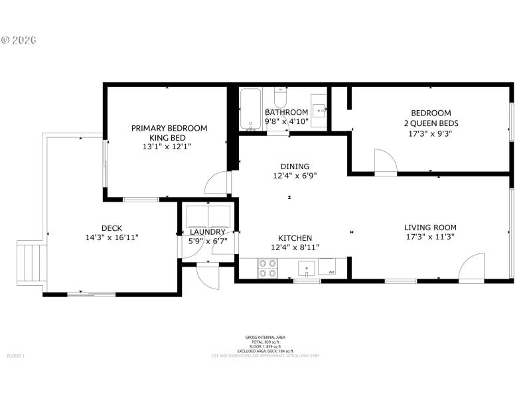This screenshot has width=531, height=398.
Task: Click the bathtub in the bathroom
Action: tap(250, 109)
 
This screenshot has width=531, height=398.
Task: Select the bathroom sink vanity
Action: tap(319, 110)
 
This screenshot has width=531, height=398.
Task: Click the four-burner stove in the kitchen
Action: tap(267, 268)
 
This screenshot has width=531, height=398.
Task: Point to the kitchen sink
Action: tap(306, 269)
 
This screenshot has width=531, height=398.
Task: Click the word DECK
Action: tap(112, 228)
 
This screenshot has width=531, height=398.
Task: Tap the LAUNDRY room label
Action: tap(208, 232)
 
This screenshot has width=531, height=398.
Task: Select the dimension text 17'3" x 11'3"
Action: tap(430, 237)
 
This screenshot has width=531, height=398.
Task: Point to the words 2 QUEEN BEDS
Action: tap(431, 123)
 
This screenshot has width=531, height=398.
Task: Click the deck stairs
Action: tap(29, 264)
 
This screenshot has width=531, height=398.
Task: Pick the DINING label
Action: tap(295, 166)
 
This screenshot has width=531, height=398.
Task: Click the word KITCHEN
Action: tap(295, 238)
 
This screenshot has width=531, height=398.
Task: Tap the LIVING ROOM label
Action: tap(430, 228)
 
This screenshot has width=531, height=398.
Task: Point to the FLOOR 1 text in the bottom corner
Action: tap(15, 356)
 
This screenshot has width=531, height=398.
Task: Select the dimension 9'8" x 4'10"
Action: tap(287, 122)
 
